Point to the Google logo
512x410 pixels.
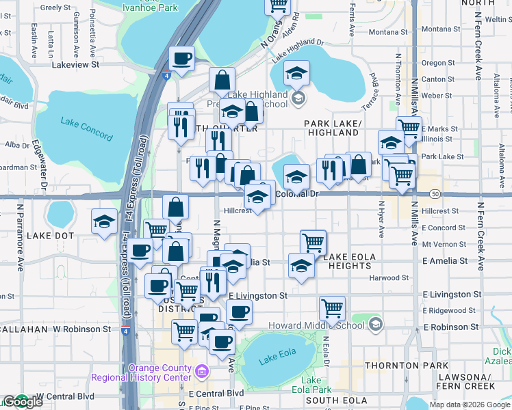pyautogui.click(x=22, y=402)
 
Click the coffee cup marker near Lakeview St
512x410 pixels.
pyautogui.click(x=181, y=59)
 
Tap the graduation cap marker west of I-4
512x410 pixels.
pyautogui.click(x=105, y=221)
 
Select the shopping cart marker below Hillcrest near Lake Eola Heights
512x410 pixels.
pyautogui.click(x=313, y=241)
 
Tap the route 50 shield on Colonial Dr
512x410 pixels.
pyautogui.click(x=435, y=195)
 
